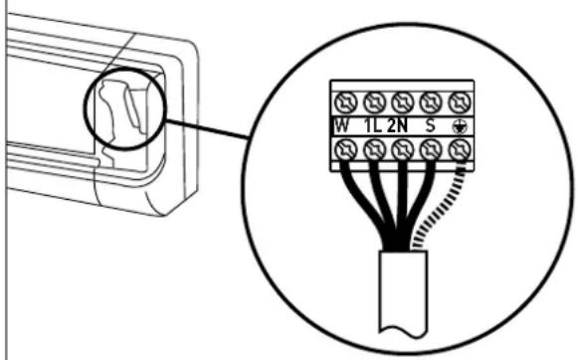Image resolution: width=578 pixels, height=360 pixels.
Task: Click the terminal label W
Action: pyautogui.click(x=341, y=126)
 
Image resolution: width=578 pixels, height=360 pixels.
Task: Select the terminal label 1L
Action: pyautogui.click(x=373, y=126)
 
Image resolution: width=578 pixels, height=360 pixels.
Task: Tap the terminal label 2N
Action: pyautogui.click(x=397, y=126)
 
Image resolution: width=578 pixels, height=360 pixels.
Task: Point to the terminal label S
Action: pyautogui.click(x=430, y=125)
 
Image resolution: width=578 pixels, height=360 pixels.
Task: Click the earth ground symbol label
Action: pyautogui.click(x=460, y=127)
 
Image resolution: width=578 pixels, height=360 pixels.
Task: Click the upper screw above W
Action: pyautogui.click(x=346, y=102)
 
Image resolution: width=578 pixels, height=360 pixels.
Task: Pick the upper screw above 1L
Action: pyautogui.click(x=374, y=102)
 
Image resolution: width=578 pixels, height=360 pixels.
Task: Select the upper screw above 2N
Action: pyautogui.click(x=403, y=102)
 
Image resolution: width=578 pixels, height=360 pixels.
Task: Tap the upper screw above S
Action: pyautogui.click(x=431, y=102)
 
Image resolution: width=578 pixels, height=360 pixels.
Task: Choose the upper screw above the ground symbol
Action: pyautogui.click(x=460, y=102)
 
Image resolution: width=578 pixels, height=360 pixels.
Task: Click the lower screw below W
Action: pyautogui.click(x=346, y=150)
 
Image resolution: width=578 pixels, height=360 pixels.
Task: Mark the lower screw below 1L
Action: pyautogui.click(x=374, y=150)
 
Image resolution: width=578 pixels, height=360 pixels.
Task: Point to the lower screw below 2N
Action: pyautogui.click(x=403, y=150)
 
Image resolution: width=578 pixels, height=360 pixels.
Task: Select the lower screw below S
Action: pyautogui.click(x=431, y=150)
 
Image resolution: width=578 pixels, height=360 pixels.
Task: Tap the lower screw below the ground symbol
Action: pyautogui.click(x=460, y=150)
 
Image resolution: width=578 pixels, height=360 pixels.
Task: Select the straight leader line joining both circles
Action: pyautogui.click(x=207, y=129)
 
